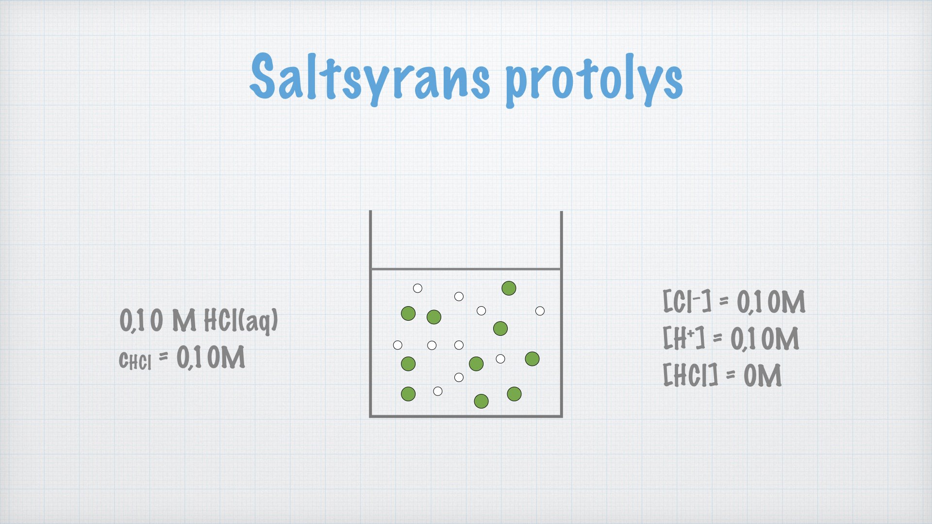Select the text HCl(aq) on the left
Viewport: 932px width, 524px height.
click(x=241, y=321)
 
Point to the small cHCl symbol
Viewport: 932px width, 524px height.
click(x=135, y=360)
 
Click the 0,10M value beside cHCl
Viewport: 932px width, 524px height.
click(x=211, y=358)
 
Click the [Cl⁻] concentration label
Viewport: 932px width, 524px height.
click(x=687, y=301)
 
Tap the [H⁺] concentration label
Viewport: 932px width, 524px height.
click(x=684, y=338)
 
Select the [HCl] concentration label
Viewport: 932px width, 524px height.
click(x=690, y=375)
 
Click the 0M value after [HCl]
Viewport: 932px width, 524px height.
click(x=763, y=376)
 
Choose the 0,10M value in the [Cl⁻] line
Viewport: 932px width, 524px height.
click(x=771, y=302)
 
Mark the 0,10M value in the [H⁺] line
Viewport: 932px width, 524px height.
click(x=765, y=338)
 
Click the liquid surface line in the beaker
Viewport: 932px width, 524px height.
click(x=466, y=269)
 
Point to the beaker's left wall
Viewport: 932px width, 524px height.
click(x=370, y=313)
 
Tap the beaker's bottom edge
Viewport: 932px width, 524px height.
click(x=466, y=416)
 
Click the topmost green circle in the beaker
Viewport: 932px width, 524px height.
click(x=509, y=288)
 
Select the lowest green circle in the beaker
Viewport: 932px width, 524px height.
click(x=481, y=401)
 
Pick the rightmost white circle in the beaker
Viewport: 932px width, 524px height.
click(x=540, y=311)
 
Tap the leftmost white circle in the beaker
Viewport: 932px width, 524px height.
click(x=398, y=345)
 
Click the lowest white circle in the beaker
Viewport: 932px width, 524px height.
click(x=438, y=392)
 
